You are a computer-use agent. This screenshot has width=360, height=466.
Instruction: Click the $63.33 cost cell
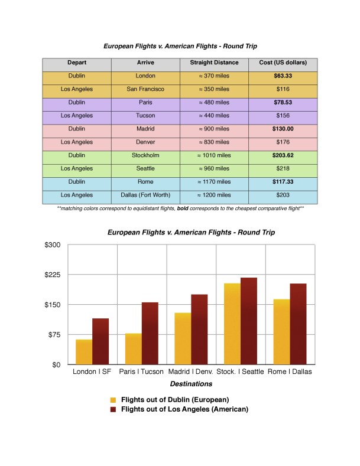[283, 76]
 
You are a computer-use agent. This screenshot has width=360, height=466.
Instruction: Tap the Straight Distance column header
[214, 63]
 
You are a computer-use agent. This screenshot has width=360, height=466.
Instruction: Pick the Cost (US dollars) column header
[283, 63]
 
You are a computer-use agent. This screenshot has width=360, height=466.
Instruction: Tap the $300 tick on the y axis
[53, 245]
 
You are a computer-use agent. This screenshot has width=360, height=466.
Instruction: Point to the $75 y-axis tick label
[54, 334]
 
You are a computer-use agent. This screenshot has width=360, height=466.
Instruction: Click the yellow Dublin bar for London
[84, 352]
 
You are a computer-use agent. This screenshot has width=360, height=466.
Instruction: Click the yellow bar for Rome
[282, 332]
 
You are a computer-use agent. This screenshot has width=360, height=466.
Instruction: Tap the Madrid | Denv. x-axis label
[192, 372]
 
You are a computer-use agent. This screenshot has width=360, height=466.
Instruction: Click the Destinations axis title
[192, 384]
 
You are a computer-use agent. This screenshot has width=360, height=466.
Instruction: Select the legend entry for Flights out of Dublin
[174, 399]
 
